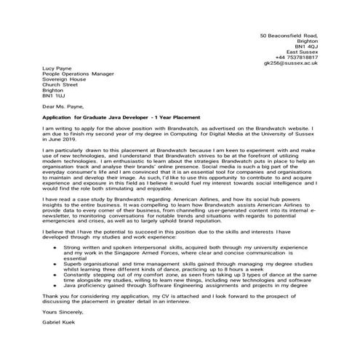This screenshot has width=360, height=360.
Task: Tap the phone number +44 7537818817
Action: [x=301, y=57]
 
